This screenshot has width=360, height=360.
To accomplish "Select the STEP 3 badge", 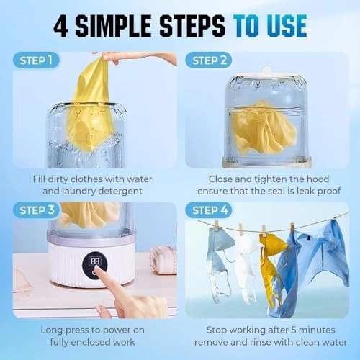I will [35, 211].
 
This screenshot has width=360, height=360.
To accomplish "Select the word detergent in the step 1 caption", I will [117, 191].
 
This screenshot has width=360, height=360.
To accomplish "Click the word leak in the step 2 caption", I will [296, 191].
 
